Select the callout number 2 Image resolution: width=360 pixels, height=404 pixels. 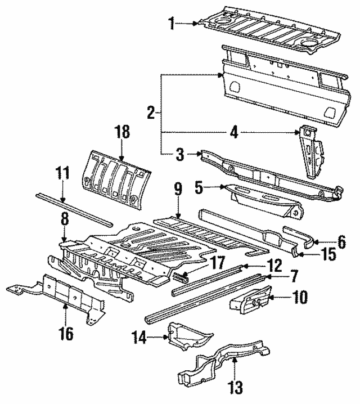tap(151, 113)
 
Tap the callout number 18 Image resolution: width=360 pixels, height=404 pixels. tap(122, 133)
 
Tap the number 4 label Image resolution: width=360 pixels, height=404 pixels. tap(233, 133)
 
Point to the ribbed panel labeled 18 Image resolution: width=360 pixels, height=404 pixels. tap(116, 174)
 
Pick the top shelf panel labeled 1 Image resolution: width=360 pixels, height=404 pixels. tap(270, 28)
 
